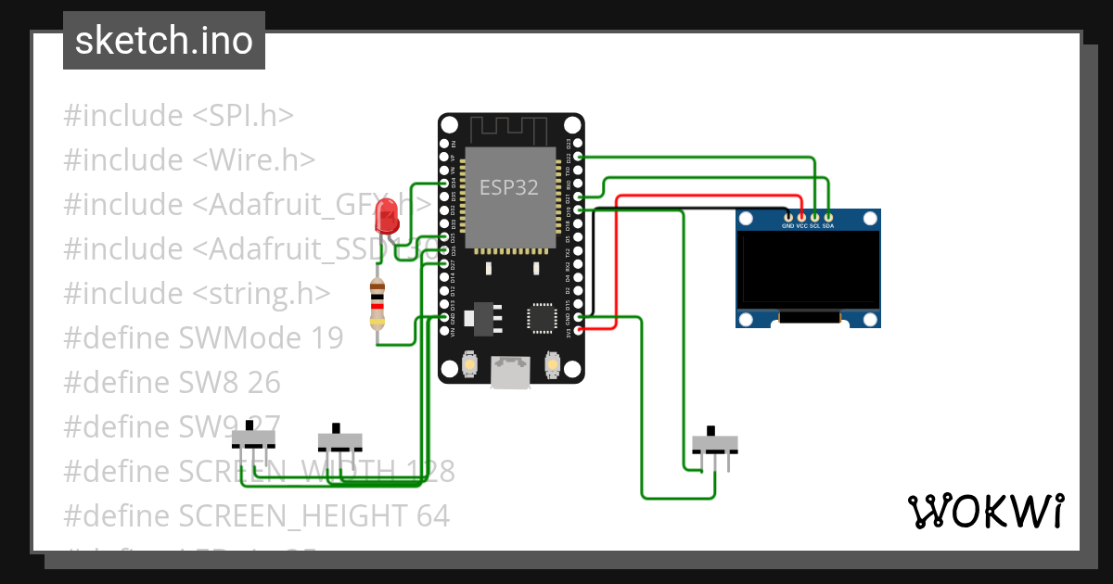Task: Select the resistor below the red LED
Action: pos(377,304)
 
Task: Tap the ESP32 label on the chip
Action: pos(508,187)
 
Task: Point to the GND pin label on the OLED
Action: pos(787,226)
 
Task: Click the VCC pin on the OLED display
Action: pos(801,226)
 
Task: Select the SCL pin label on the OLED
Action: pos(814,226)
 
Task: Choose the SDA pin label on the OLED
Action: pos(828,226)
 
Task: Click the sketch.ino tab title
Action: pos(164,41)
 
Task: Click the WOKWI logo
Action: pos(985,511)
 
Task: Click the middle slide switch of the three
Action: pos(339,438)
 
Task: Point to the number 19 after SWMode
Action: pos(326,337)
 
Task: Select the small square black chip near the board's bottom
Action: pos(542,317)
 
